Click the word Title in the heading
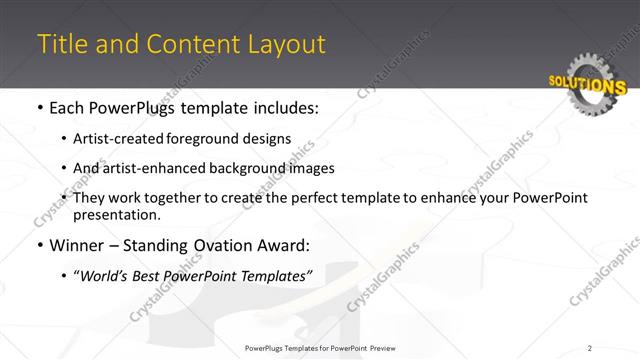[59, 45]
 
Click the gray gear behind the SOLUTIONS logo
[601, 70]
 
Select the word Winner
[68, 245]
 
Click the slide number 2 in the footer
[590, 348]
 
